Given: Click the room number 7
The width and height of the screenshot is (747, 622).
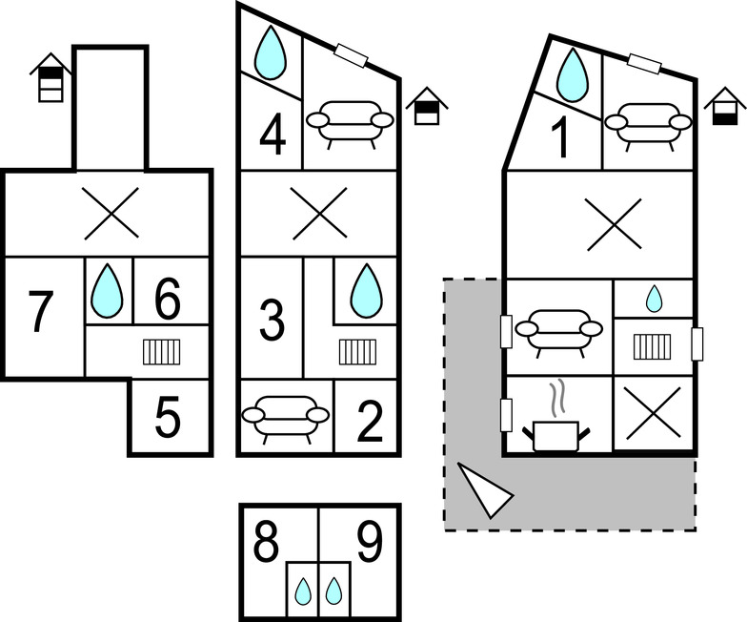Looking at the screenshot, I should (37, 312).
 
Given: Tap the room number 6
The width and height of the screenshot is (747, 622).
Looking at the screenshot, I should (167, 301).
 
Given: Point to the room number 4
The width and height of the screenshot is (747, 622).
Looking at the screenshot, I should (273, 135).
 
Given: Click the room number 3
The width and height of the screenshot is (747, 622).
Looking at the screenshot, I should (273, 321).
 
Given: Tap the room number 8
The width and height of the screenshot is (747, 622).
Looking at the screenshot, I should (268, 542).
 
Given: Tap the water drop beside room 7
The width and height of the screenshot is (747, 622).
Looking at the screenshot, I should (108, 290).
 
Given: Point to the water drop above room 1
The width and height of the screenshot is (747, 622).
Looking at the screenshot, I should (572, 73).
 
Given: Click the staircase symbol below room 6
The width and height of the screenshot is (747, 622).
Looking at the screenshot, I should (162, 352).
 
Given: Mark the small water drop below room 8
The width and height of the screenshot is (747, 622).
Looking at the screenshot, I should (304, 592).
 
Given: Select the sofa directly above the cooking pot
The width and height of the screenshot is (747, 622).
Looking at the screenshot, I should (558, 329).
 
